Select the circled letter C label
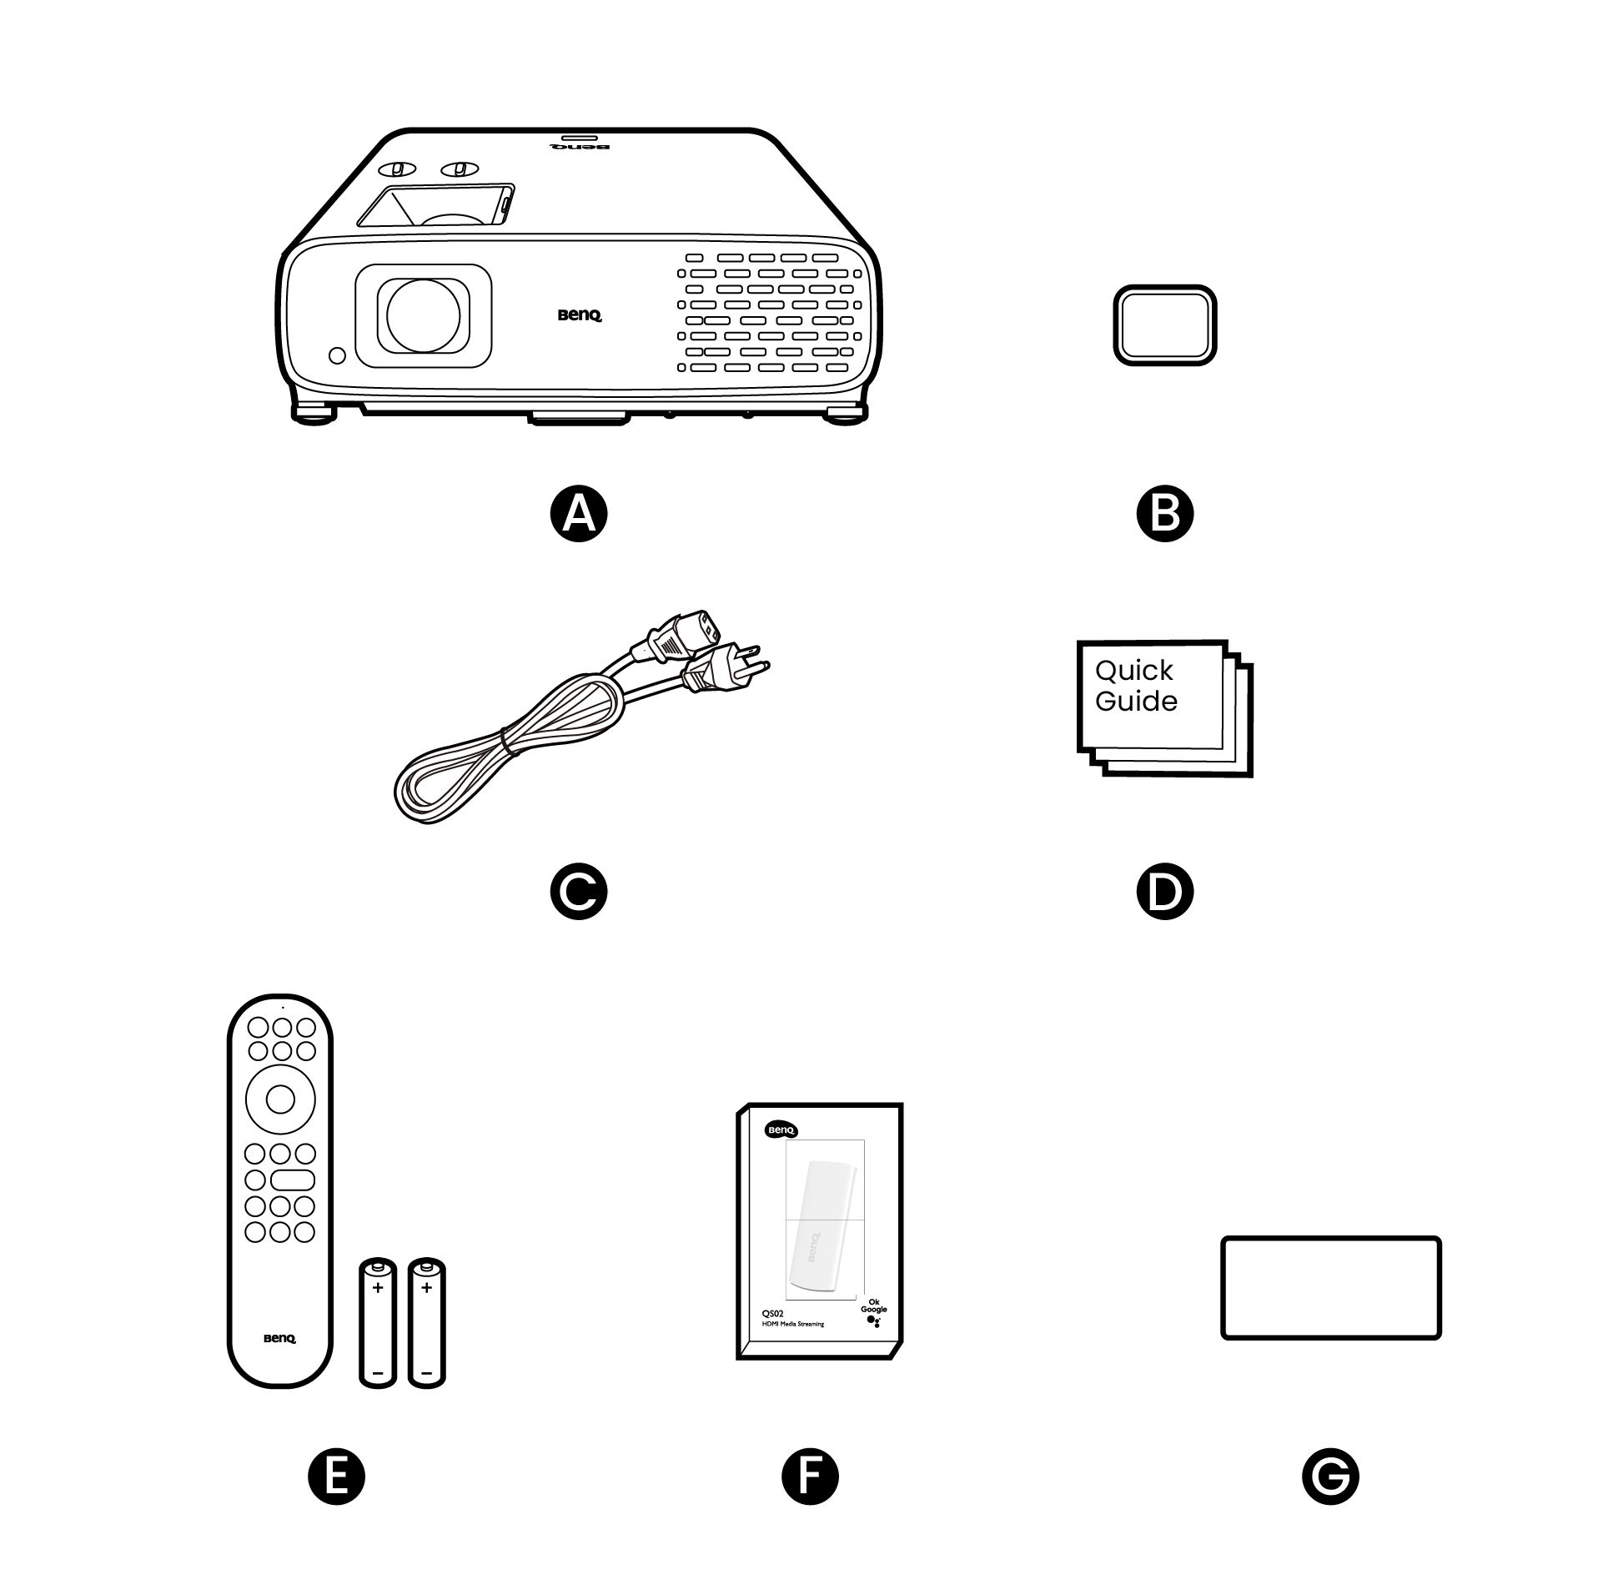point(579,892)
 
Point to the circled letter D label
point(1165,892)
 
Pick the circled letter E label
point(336,1476)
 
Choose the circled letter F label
point(810,1476)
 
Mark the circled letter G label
point(1329,1476)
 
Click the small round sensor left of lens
point(337,355)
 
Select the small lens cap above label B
point(1165,325)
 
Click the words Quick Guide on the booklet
point(1135,685)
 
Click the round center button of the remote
point(280,1099)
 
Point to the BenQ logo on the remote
point(279,1338)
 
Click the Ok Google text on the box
point(874,1306)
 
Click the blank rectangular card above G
point(1330,1288)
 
